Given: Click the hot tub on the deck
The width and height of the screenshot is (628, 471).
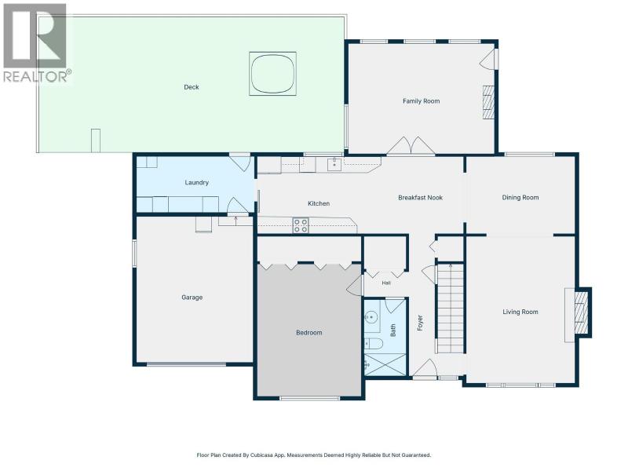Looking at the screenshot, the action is pyautogui.click(x=272, y=74).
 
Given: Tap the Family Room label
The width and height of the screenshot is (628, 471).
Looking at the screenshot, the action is pyautogui.click(x=421, y=101).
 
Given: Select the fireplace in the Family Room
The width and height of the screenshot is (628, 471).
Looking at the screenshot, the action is pyautogui.click(x=488, y=102).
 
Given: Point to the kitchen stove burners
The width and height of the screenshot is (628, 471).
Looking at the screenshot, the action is pyautogui.click(x=301, y=225).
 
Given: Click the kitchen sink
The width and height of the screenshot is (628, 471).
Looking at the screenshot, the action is pyautogui.click(x=334, y=165).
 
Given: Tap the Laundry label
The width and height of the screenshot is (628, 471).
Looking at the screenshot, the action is pyautogui.click(x=197, y=183).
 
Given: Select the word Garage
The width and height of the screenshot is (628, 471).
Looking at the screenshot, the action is pyautogui.click(x=192, y=298).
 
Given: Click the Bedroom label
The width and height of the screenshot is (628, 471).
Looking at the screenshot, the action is pyautogui.click(x=309, y=332).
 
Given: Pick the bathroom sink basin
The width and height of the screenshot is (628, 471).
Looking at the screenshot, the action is pyautogui.click(x=371, y=317).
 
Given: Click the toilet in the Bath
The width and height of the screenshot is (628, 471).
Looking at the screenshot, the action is pyautogui.click(x=374, y=344).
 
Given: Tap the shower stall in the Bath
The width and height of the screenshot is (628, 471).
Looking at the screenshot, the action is pyautogui.click(x=385, y=364).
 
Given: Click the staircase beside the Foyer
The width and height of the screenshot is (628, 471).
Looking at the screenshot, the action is pyautogui.click(x=450, y=308).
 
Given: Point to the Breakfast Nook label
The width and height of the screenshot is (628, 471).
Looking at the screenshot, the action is pyautogui.click(x=421, y=198).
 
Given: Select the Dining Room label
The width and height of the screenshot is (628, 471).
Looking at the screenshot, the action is pyautogui.click(x=520, y=198).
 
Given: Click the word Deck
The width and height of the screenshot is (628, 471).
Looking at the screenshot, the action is pyautogui.click(x=192, y=87).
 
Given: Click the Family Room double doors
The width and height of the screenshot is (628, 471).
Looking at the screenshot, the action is pyautogui.click(x=411, y=145).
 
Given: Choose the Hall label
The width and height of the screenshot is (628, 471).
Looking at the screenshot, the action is pyautogui.click(x=386, y=283).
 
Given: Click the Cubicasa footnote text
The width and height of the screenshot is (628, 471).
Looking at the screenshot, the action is pyautogui.click(x=313, y=455).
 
